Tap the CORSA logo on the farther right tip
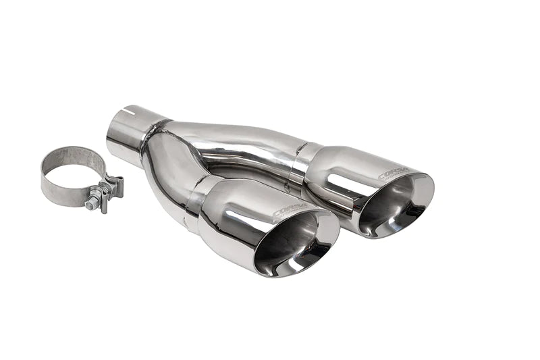394,174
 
